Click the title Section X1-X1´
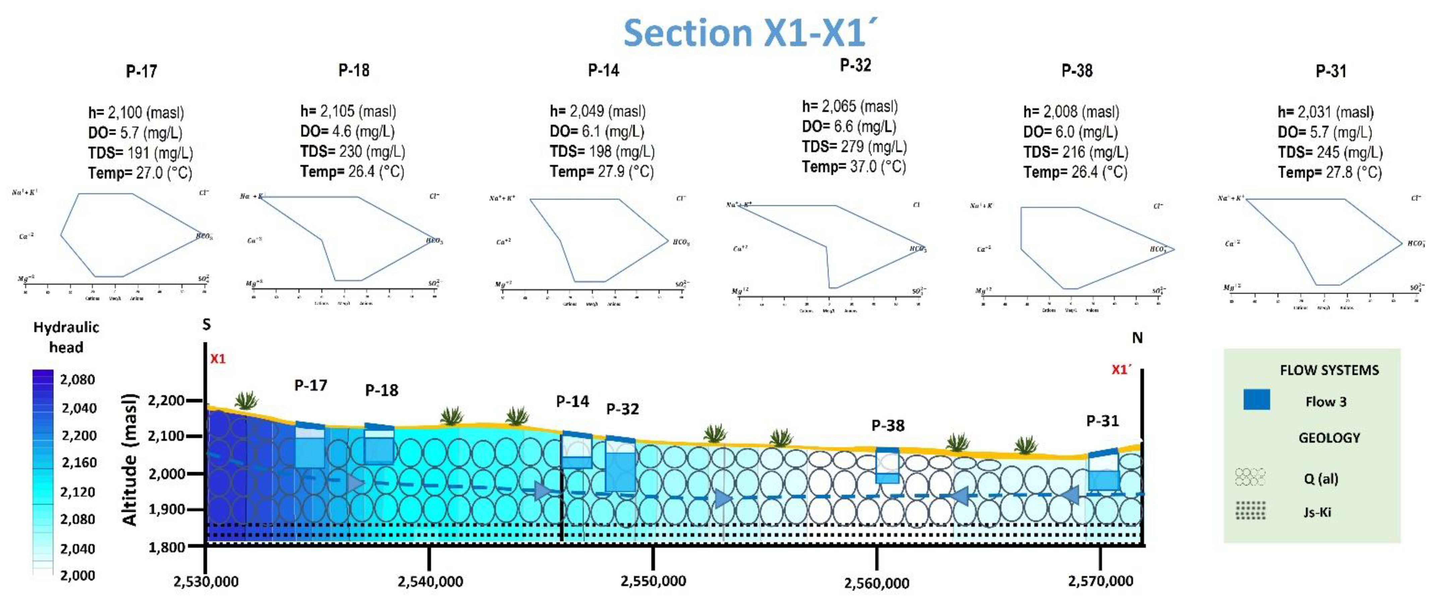750,33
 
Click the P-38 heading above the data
1076,71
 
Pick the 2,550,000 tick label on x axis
653,581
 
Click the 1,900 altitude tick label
166,509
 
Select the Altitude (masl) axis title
129,459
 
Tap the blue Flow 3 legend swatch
1256,400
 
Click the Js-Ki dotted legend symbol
1250,510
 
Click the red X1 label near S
218,359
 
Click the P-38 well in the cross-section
887,465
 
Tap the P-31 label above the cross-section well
1102,421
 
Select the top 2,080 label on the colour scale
77,380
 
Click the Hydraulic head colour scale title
66,337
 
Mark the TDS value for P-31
1330,152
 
